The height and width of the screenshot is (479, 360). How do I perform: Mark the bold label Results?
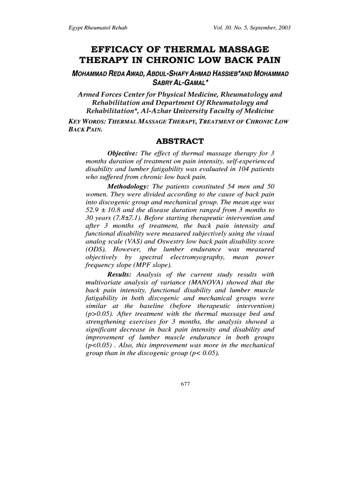(x=121, y=275)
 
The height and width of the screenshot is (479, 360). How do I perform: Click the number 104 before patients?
(x=238, y=169)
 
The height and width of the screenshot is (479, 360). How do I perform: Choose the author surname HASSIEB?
(x=228, y=74)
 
